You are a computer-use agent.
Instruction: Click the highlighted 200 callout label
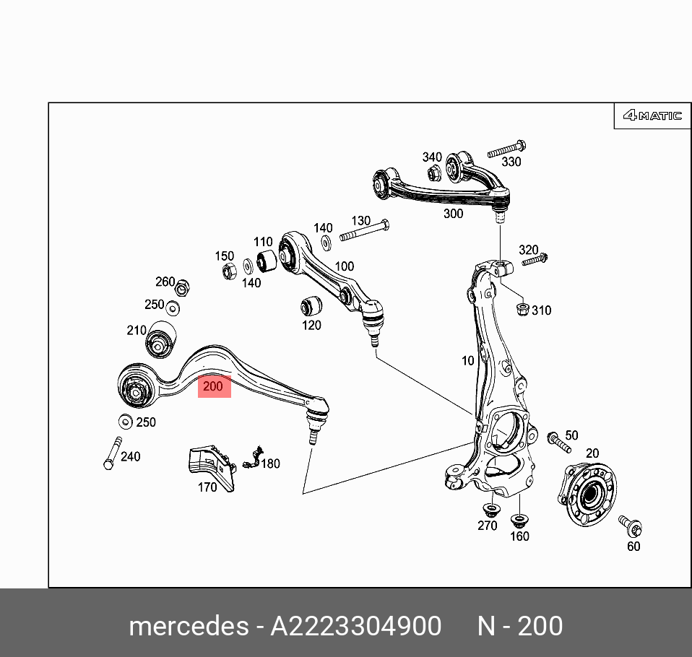213,386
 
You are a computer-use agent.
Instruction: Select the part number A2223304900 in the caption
355,626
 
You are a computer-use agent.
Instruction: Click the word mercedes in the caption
188,626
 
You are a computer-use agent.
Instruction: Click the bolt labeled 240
113,453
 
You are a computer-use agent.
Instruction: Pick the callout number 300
453,214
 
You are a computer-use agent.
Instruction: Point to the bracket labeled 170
211,467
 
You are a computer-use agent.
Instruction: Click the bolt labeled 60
631,526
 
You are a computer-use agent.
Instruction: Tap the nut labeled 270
489,510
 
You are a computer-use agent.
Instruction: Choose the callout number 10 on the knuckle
468,361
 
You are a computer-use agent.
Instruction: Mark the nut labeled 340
433,173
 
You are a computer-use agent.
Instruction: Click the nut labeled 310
522,310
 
